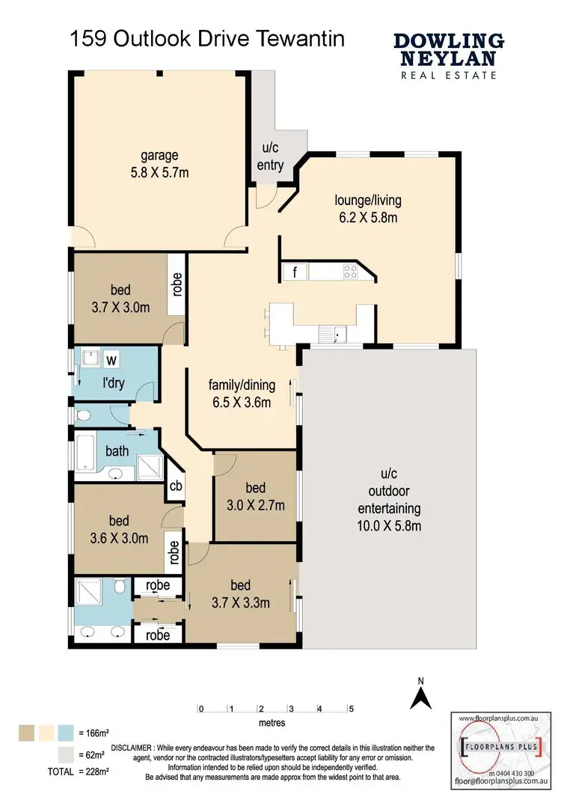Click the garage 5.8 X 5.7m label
point(159,163)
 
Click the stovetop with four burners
point(349,272)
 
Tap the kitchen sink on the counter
point(329,334)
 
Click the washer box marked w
point(111,360)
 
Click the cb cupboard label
point(176,485)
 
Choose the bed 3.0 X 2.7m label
point(256,497)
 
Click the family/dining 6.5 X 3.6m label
point(242,394)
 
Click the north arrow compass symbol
point(421,694)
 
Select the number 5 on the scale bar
point(350,708)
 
